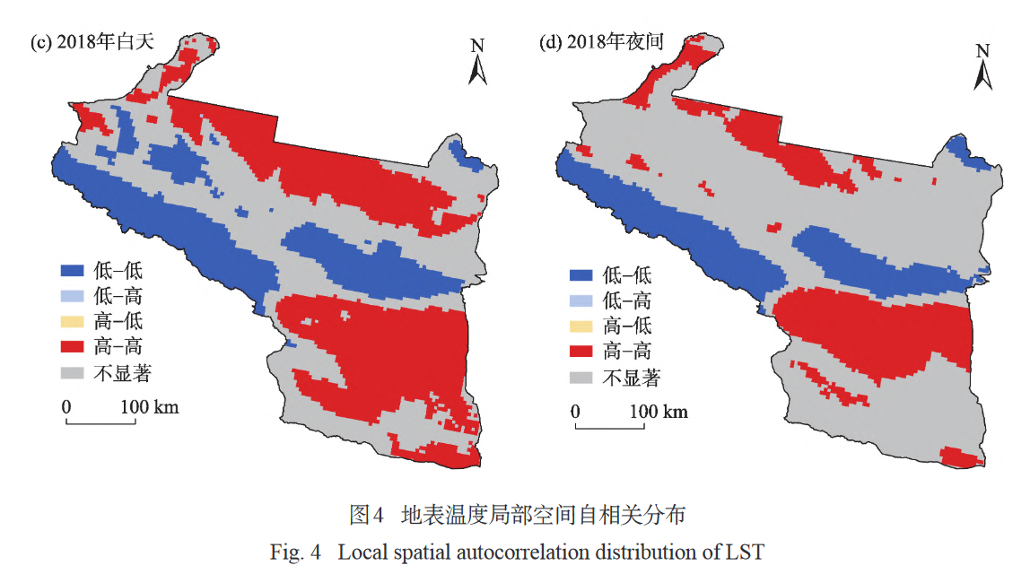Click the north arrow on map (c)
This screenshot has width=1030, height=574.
click(478, 63)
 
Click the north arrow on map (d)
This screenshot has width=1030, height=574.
click(983, 67)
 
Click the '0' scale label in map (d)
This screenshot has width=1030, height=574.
click(575, 412)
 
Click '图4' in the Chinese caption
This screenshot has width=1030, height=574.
click(367, 516)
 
